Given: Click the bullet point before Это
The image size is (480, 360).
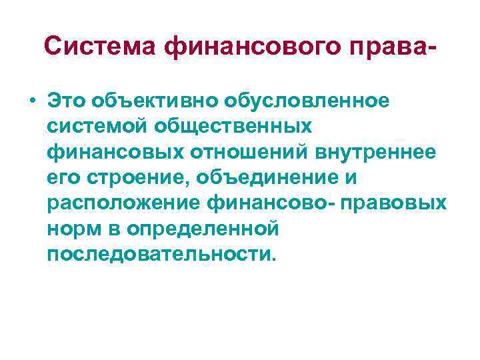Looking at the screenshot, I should click(x=33, y=101).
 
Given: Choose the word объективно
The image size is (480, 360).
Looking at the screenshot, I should click(x=155, y=100).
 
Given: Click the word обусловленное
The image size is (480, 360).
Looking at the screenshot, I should click(x=307, y=100).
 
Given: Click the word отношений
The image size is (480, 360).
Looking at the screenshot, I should click(x=242, y=151).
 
